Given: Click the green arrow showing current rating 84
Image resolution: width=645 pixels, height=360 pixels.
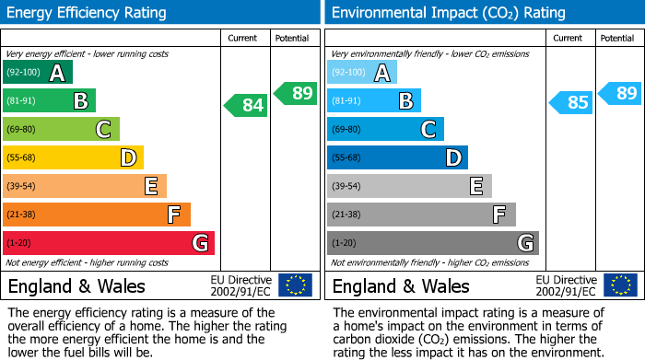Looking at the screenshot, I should tap(246, 106).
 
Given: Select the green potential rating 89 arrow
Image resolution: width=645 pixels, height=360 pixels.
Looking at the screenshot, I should tap(294, 93).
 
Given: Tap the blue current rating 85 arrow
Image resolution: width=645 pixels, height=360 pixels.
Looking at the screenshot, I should tap(570, 102).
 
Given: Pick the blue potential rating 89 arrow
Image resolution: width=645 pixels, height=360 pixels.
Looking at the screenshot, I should tap(619, 93).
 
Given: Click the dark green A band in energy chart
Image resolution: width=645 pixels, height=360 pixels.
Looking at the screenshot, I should tap(38, 73).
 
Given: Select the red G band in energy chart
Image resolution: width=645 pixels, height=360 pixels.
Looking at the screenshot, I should tap(109, 243).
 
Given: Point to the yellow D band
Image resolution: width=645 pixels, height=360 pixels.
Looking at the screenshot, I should tap(74, 158).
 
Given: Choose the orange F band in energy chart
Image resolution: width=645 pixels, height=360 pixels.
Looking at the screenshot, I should tap(97, 215).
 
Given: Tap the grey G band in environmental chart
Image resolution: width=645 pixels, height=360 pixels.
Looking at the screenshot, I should tap(432, 243).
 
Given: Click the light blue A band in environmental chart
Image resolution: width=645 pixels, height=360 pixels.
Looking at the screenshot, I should tap(362, 73).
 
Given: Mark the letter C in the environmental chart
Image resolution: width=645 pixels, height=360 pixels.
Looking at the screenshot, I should tap(428, 130).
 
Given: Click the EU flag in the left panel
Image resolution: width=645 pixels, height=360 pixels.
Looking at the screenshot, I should tap(295, 285).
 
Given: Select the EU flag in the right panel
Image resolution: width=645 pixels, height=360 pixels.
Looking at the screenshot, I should tap(619, 285).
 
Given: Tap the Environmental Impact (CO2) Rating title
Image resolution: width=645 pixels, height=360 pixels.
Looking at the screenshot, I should tap(448, 13).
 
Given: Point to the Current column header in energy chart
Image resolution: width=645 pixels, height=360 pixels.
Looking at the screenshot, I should tap(243, 38).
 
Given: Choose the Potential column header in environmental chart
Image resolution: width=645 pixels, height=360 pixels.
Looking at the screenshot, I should tap(616, 38).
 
